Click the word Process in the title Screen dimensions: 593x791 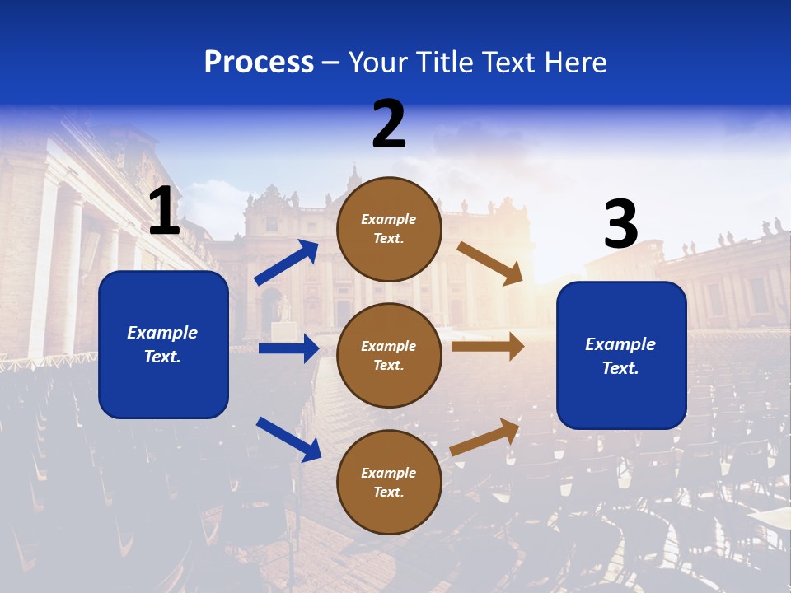(x=259, y=63)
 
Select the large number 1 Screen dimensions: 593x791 (x=164, y=212)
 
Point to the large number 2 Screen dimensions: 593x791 (x=389, y=124)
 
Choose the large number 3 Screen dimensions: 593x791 (x=621, y=224)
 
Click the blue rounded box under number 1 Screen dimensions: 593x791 (x=163, y=344)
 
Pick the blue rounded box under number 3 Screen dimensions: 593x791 (x=621, y=355)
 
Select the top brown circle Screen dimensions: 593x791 (x=389, y=229)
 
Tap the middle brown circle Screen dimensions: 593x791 (x=389, y=355)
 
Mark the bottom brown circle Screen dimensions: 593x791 (x=389, y=482)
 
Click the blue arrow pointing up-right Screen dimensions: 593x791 (x=287, y=263)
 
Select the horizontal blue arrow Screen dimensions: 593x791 (x=288, y=348)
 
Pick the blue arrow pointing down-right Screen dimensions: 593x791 (x=288, y=438)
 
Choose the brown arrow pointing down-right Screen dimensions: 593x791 (x=490, y=264)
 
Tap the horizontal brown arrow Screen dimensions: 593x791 (x=488, y=347)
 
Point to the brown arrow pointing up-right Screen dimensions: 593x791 (x=485, y=437)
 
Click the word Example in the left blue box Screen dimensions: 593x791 (x=162, y=333)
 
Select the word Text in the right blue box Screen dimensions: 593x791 (x=620, y=368)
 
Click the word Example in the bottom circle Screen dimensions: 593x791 (x=389, y=473)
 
